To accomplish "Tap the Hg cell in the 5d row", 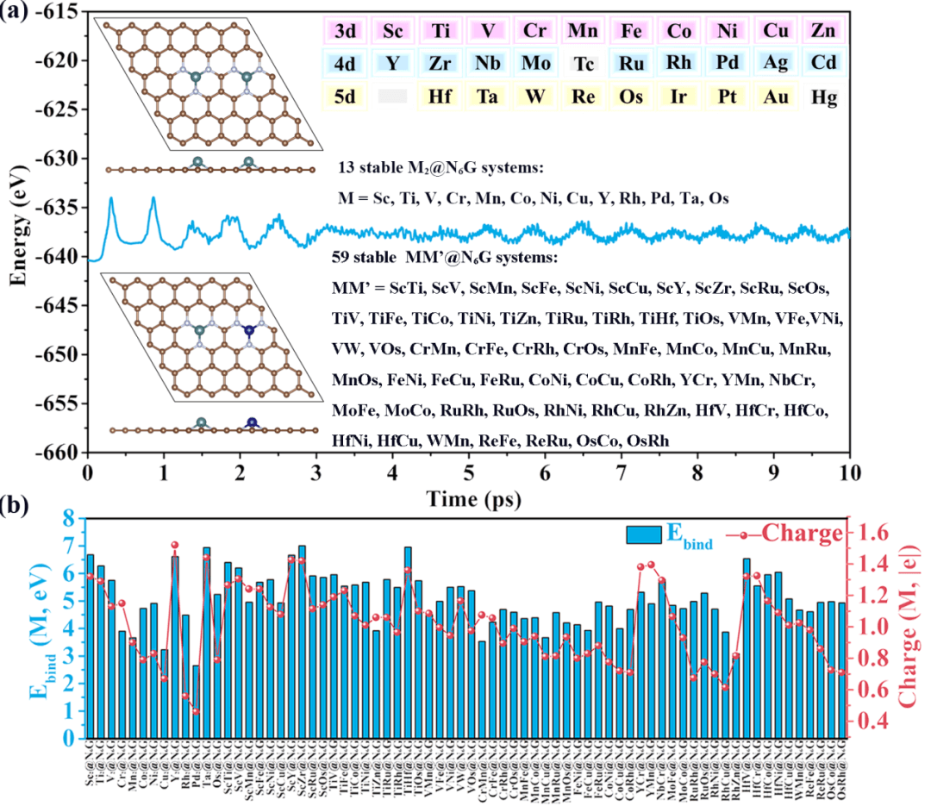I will (823, 97).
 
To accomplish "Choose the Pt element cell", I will (727, 97).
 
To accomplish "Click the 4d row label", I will (345, 64).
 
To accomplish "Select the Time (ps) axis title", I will (469, 498).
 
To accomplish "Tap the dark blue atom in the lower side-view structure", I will (252, 422).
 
